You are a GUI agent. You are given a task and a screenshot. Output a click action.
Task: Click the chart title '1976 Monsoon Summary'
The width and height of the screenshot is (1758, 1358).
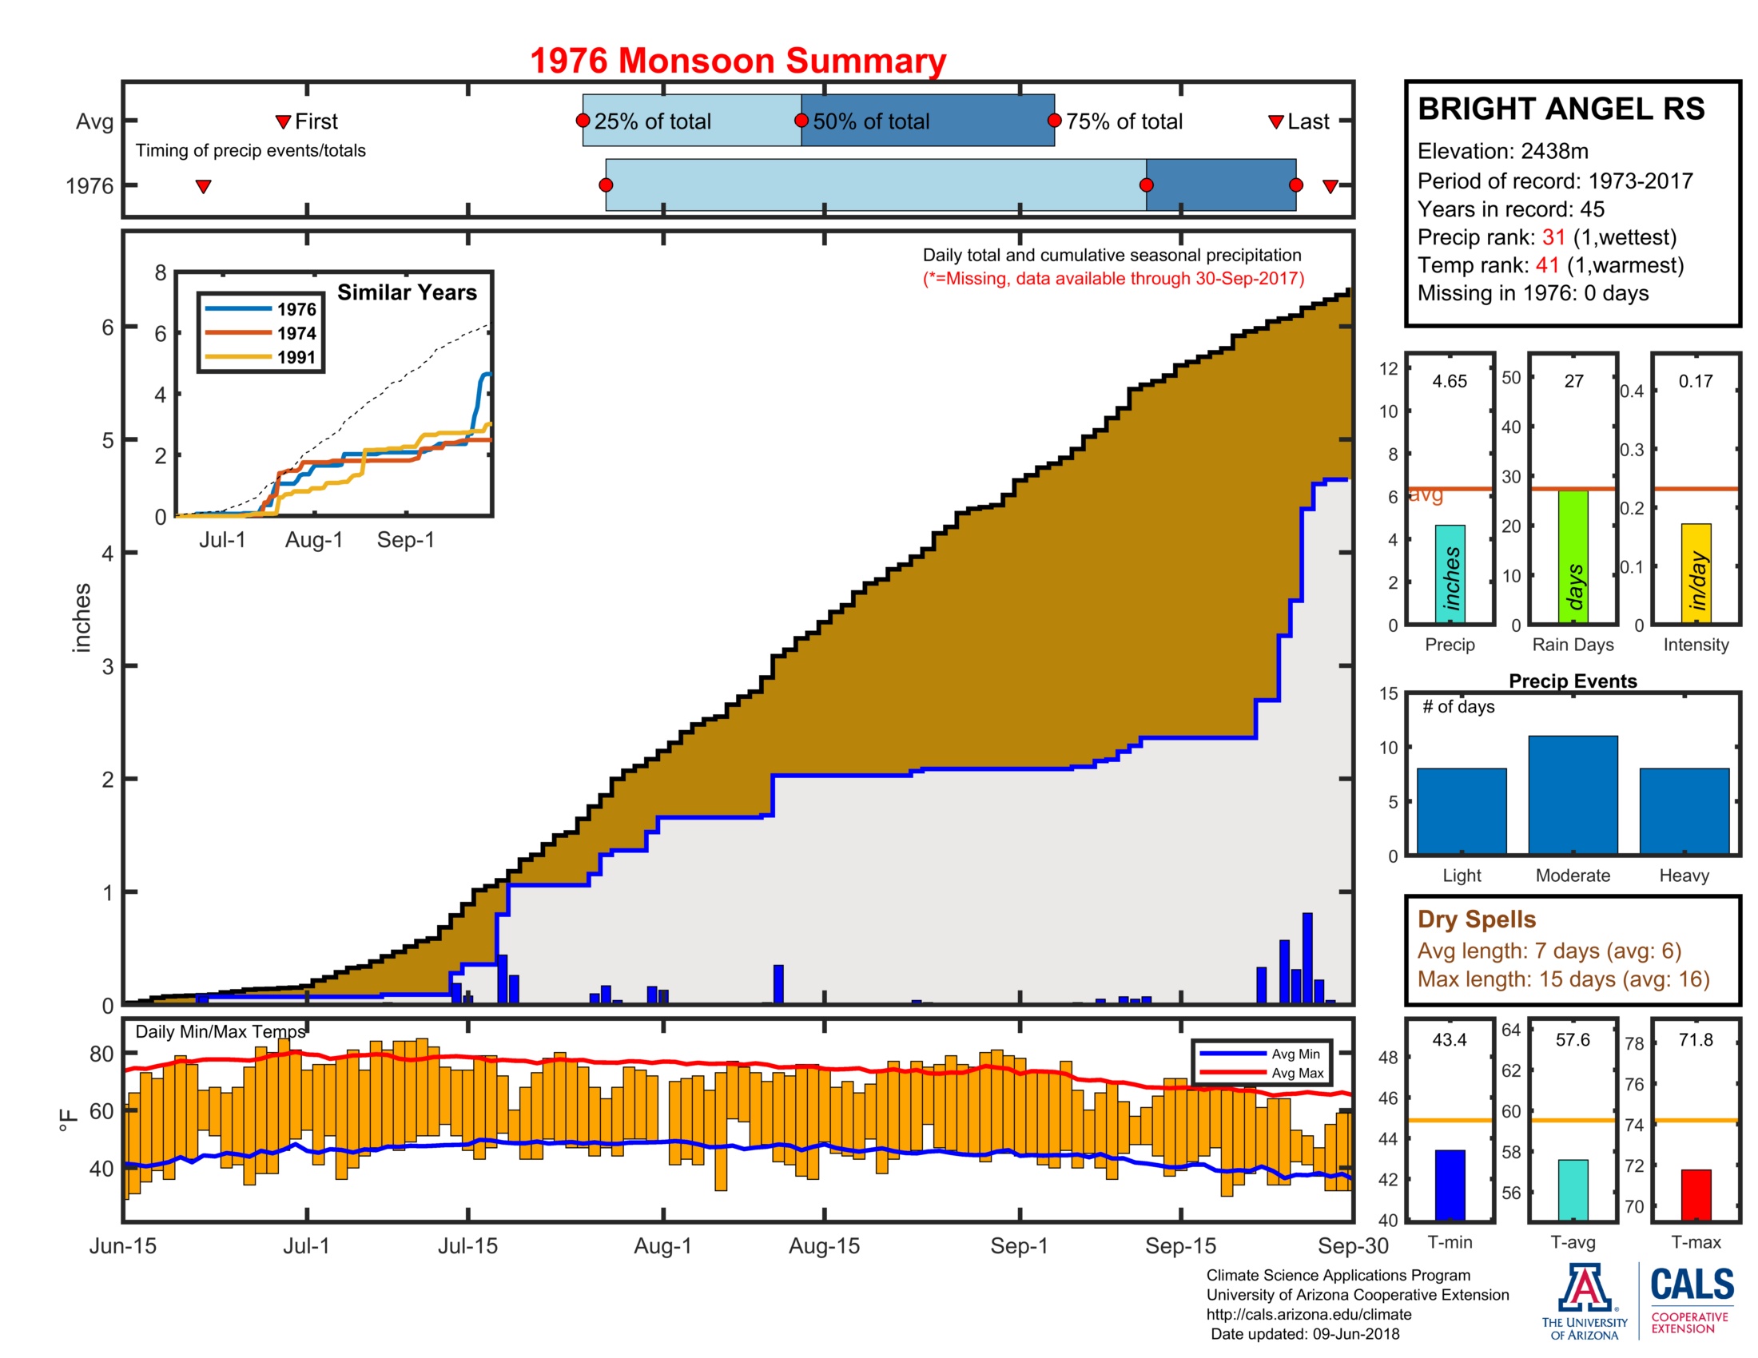(738, 62)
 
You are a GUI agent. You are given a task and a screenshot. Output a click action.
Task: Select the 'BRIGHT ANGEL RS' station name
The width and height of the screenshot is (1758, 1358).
(1561, 109)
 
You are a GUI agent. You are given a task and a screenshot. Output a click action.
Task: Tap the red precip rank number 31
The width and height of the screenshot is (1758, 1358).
(1553, 237)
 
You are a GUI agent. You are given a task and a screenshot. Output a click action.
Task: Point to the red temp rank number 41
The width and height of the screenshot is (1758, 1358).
(1547, 265)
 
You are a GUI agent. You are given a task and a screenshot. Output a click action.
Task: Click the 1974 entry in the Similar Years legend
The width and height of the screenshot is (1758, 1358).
(296, 333)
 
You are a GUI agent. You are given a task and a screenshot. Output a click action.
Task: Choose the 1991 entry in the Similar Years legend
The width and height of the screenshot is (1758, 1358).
(296, 357)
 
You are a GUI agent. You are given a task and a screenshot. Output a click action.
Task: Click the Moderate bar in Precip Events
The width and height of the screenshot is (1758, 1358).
(1572, 794)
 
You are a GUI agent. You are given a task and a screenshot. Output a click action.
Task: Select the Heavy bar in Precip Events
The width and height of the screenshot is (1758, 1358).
(1684, 810)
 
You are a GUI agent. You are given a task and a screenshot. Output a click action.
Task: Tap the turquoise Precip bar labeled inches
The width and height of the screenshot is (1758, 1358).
(1450, 574)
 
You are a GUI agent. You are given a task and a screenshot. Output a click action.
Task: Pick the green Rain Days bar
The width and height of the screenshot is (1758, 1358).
(1573, 556)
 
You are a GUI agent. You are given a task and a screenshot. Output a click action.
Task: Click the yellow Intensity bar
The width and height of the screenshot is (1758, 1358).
(1695, 573)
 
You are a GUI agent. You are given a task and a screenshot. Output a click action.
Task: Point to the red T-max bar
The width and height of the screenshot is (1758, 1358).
(1695, 1194)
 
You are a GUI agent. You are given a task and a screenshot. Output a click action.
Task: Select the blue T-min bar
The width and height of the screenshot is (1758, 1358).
(1450, 1184)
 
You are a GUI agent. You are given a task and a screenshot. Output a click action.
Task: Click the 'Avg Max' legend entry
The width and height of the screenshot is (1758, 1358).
(1297, 1072)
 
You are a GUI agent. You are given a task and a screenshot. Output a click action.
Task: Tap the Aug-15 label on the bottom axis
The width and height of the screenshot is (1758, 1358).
(823, 1245)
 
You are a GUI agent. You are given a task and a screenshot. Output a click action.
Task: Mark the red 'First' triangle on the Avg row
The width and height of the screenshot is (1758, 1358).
(283, 121)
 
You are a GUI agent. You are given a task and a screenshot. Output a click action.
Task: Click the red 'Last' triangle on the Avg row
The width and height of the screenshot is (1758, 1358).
(1275, 121)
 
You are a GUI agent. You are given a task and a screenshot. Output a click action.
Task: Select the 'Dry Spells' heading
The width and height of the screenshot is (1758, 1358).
(1476, 919)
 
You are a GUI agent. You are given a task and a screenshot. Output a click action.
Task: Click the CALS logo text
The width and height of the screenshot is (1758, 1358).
(1692, 1284)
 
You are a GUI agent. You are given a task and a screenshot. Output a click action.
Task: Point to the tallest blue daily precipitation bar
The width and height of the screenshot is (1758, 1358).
(1307, 957)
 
